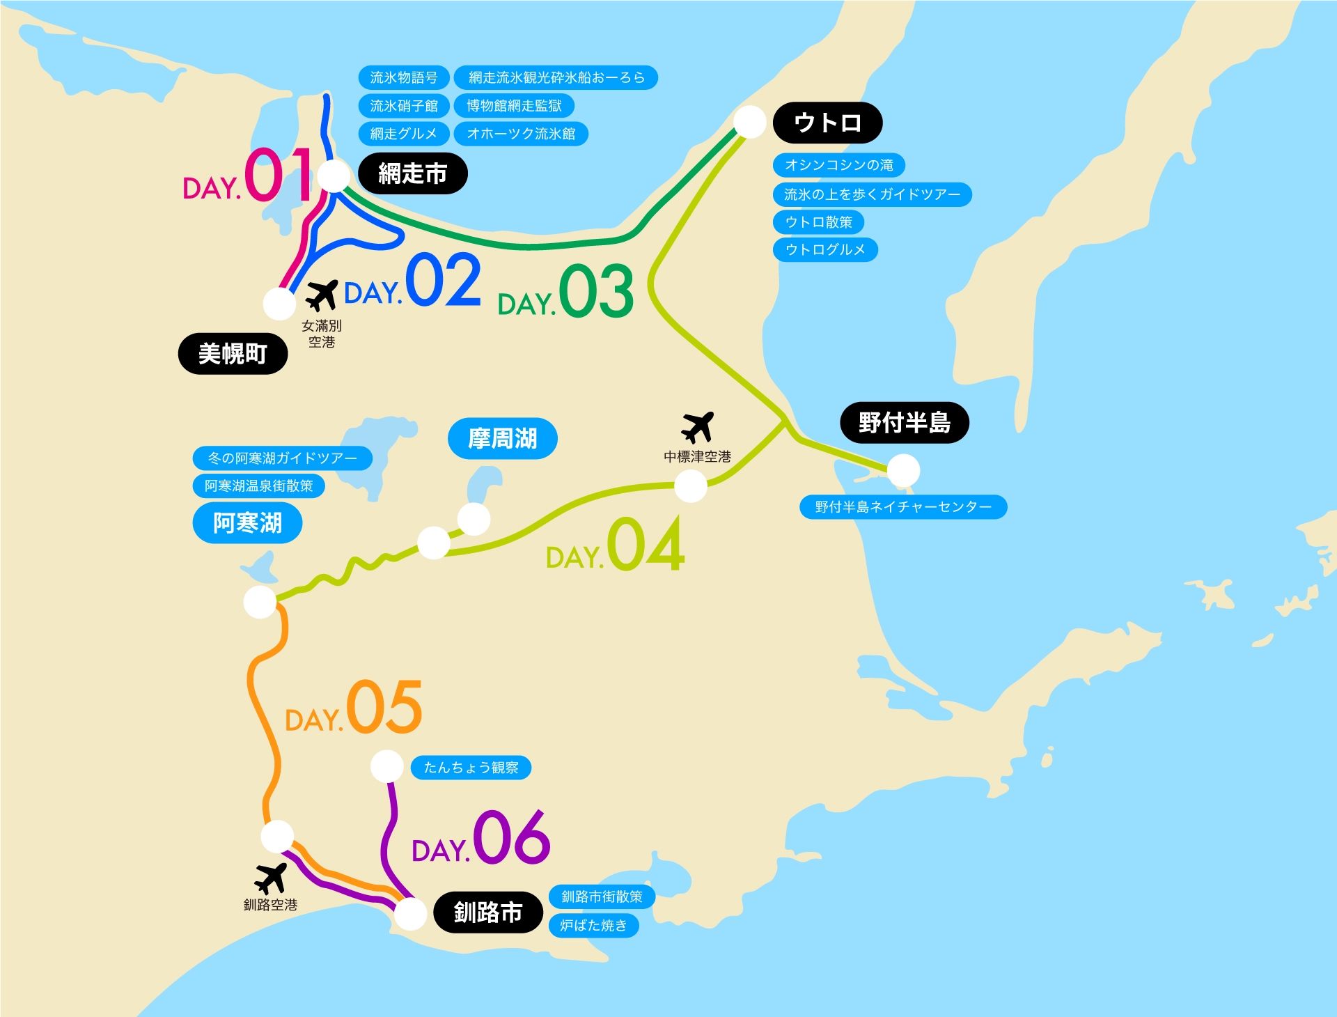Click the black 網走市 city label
point(412,173)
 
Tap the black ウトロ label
point(827,123)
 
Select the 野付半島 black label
point(904,422)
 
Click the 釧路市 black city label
point(487,912)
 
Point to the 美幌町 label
point(233,354)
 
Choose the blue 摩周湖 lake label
point(502,439)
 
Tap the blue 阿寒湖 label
point(247,522)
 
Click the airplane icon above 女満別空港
point(321,295)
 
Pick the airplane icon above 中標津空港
point(698,426)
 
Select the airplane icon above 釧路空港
point(270,878)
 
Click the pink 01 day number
point(277,176)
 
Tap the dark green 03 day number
point(595,291)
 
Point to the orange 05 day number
point(384,707)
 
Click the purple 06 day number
point(511,837)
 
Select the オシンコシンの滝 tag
point(838,165)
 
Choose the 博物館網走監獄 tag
point(514,106)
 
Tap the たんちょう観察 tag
point(471,768)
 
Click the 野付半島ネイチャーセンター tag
point(903,506)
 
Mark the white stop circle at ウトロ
point(749,122)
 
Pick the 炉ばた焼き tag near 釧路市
point(593,925)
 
